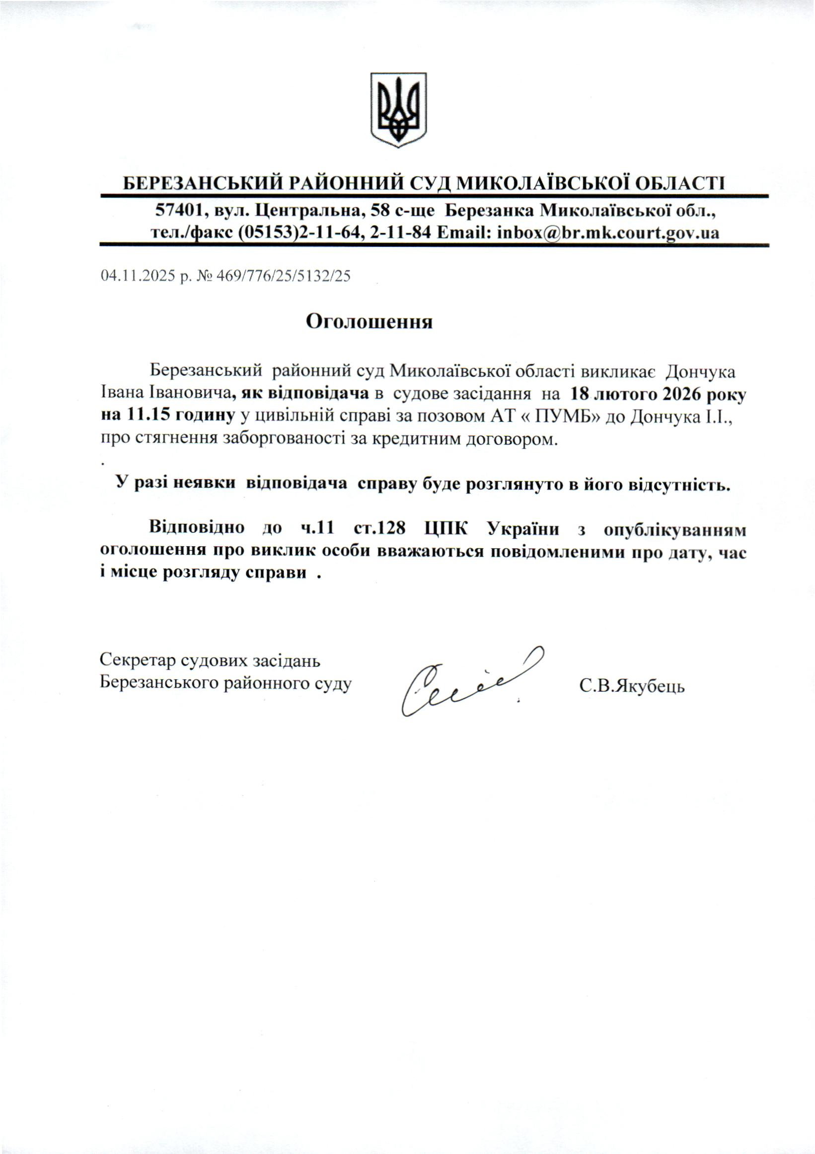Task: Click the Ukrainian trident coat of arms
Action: point(398,110)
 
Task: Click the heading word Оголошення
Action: point(370,322)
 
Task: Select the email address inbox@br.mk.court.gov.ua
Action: point(607,233)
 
